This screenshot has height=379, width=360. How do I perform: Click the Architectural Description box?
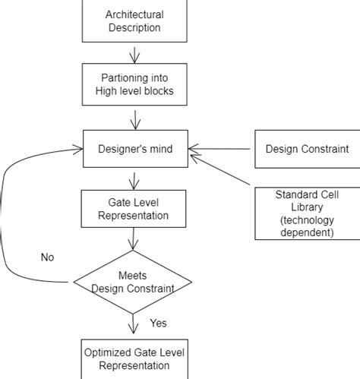(x=134, y=22)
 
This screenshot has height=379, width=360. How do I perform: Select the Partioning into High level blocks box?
(x=134, y=84)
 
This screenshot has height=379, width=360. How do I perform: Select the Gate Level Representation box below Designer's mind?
(x=134, y=207)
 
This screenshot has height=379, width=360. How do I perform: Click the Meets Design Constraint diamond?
(x=134, y=281)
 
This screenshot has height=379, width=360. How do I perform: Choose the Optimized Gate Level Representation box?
(x=134, y=358)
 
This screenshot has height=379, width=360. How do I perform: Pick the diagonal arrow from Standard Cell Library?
(x=220, y=169)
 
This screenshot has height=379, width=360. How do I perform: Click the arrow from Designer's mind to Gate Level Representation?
(x=134, y=179)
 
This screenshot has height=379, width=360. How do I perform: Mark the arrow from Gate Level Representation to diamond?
(x=134, y=239)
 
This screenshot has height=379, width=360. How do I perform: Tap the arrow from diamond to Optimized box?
(x=134, y=324)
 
